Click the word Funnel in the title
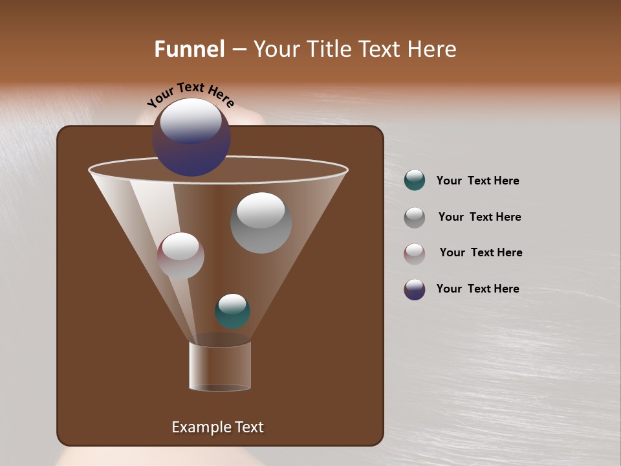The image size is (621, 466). [x=190, y=49]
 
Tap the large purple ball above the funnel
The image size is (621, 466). [x=191, y=137]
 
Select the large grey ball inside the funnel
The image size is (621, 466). [x=261, y=223]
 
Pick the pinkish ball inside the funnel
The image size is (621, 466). [x=180, y=256]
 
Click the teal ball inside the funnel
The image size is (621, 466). [x=232, y=311]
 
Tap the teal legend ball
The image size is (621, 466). [x=415, y=181]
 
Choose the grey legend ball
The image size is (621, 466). [x=415, y=217]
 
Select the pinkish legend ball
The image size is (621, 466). [x=415, y=254]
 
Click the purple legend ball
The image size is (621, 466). [x=415, y=289]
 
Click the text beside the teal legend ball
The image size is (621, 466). [x=477, y=181]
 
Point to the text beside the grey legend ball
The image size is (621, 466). [x=479, y=217]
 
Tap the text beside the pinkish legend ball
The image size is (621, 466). [x=481, y=253]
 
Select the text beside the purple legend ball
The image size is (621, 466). [x=477, y=289]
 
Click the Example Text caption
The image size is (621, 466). [x=217, y=427]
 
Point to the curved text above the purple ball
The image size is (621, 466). [x=190, y=94]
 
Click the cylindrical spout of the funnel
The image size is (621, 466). [x=220, y=366]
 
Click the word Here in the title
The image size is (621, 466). [x=432, y=49]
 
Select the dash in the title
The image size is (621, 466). [x=239, y=49]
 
